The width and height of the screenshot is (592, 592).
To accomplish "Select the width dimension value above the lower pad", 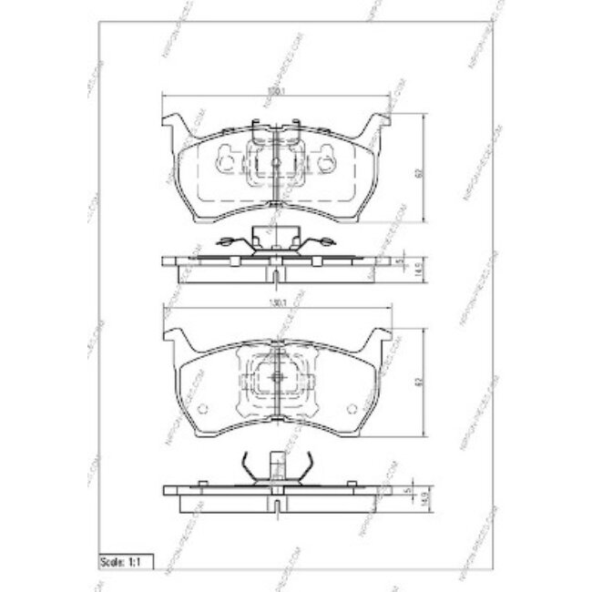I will [275, 305].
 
